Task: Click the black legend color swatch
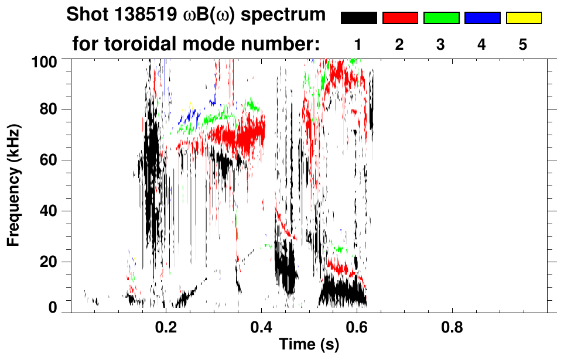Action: [x=358, y=18]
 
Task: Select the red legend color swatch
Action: [x=400, y=18]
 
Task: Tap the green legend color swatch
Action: [x=441, y=18]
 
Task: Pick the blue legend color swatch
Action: [x=483, y=18]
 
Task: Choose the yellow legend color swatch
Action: [x=524, y=18]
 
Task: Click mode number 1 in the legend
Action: [x=358, y=44]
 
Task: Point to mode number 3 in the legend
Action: [x=441, y=44]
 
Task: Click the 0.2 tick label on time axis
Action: [x=166, y=325]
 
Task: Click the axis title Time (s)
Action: [x=309, y=345]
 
